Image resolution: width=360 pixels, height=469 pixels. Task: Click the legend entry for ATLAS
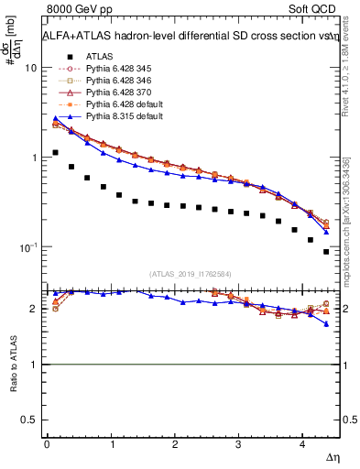coord(98,56)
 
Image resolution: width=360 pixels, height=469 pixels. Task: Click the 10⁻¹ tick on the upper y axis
coord(27,247)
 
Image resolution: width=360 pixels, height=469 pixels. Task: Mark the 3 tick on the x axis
coord(239,444)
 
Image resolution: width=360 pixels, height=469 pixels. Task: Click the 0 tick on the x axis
coord(47,444)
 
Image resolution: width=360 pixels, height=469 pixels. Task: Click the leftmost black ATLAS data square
coord(55,153)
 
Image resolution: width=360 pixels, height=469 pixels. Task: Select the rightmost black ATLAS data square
coord(326,251)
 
